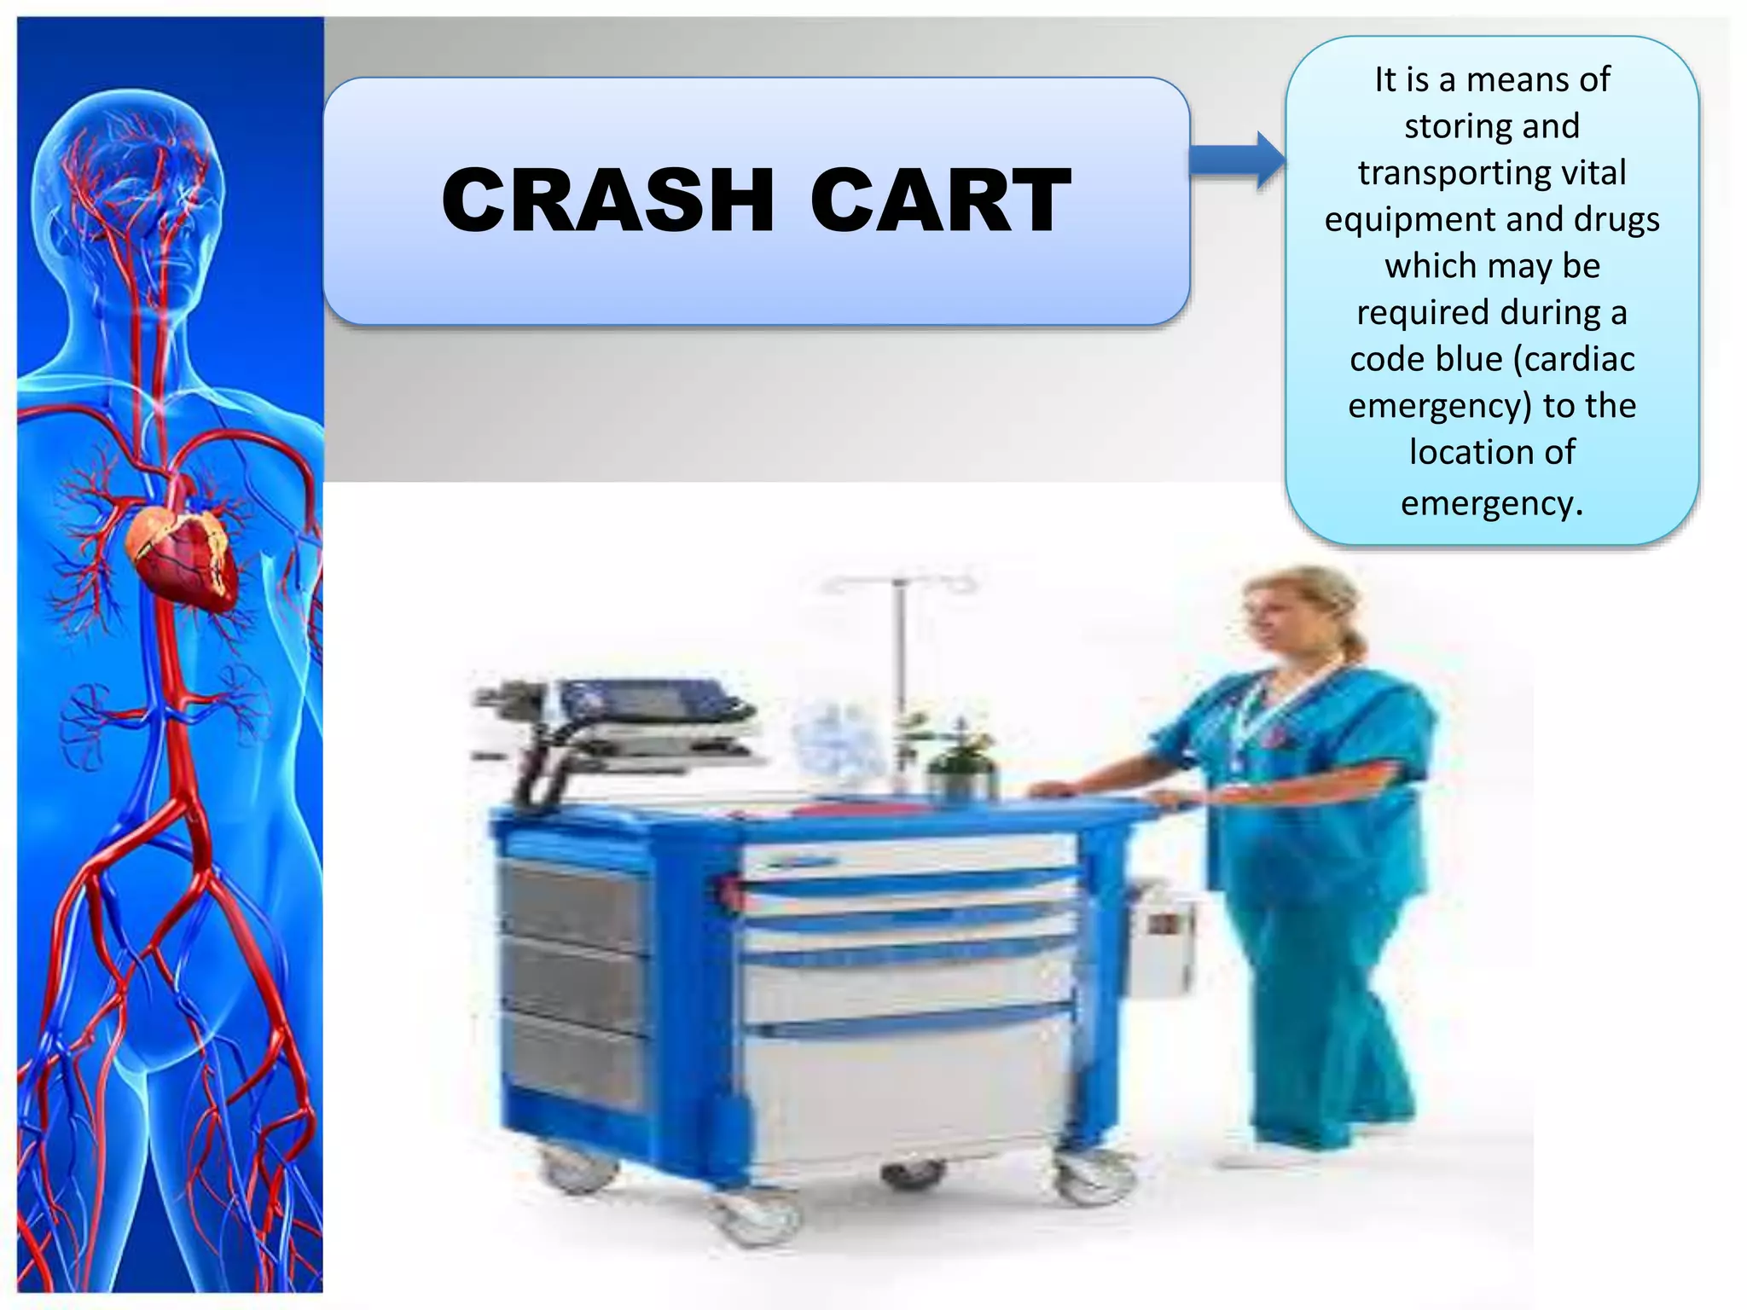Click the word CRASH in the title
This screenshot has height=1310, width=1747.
(x=607, y=200)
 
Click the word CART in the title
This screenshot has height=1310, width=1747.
(x=940, y=200)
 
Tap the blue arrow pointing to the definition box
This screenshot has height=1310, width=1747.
(x=1238, y=159)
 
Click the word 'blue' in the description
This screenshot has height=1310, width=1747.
(x=1471, y=359)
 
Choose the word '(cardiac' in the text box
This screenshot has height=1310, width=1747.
(x=1575, y=359)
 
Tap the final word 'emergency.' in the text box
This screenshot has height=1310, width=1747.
(x=1492, y=503)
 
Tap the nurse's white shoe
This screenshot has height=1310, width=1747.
(x=1262, y=1156)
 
